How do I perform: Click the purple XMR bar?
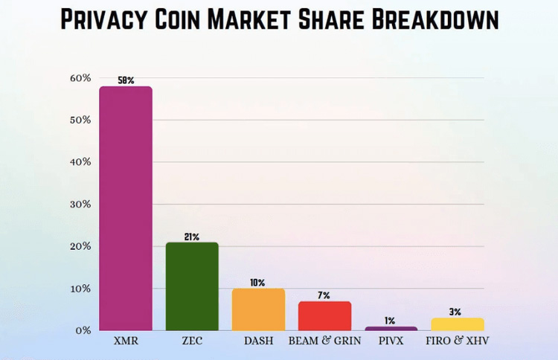click(126, 208)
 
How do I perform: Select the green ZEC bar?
click(192, 286)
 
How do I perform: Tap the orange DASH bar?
click(258, 309)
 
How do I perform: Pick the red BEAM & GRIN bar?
click(324, 315)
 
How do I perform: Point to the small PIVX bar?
click(391, 328)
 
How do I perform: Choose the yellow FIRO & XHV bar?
click(457, 324)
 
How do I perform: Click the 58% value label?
click(126, 80)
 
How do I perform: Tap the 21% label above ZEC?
click(192, 237)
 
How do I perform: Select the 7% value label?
click(324, 295)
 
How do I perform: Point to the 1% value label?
click(391, 321)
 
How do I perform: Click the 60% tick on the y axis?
click(80, 78)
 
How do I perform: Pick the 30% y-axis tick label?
click(80, 204)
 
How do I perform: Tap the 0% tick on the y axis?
click(83, 330)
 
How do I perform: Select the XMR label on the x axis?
click(126, 341)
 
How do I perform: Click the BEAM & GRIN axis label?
click(324, 341)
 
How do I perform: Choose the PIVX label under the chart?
click(391, 341)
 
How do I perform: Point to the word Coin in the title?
click(205, 19)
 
